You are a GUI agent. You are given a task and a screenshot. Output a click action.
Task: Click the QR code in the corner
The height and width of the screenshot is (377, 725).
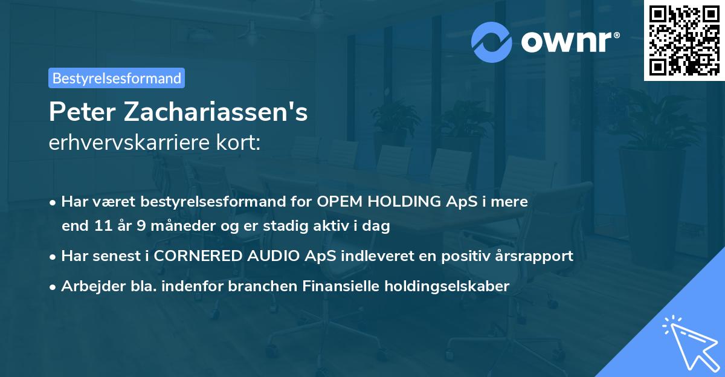684,40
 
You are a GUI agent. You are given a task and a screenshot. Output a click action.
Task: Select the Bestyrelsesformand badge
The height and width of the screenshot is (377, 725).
117,78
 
